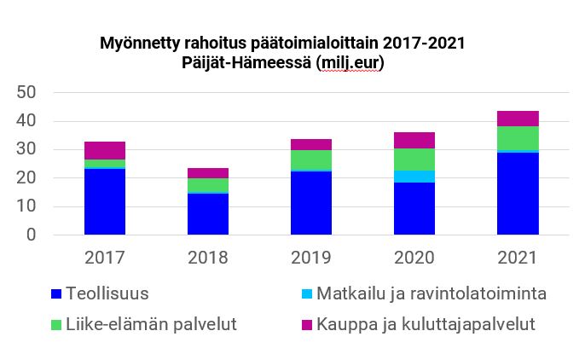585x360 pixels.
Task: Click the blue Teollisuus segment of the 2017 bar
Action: coord(105,201)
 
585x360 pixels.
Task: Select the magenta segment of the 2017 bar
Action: coord(105,150)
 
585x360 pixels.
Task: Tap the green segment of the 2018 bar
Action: coord(208,185)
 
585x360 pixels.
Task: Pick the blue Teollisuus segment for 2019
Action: coord(311,203)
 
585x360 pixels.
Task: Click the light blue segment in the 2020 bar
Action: coord(414,177)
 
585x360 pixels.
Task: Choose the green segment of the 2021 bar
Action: coord(518,138)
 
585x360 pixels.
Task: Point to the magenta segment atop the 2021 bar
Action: coord(518,119)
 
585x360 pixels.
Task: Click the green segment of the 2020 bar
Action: coord(414,160)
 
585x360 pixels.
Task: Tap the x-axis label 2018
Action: coord(208,258)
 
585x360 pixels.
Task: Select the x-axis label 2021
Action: coord(518,258)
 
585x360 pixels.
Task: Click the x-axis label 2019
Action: coord(311,258)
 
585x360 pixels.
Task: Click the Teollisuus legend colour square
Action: coord(56,294)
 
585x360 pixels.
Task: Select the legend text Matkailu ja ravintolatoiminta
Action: coord(431,294)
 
